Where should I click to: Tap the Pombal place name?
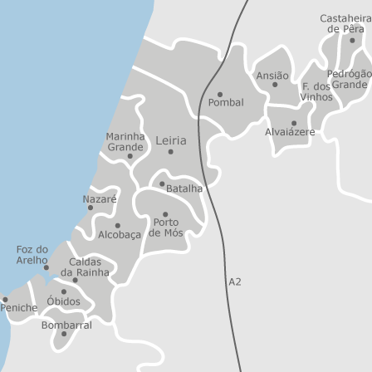point(225,103)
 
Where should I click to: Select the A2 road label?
point(234,282)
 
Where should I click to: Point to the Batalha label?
point(184,189)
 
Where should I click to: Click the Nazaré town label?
point(100,200)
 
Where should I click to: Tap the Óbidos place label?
point(63,301)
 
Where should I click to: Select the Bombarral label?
point(66,325)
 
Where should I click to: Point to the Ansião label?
point(272,76)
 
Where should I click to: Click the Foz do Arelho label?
point(32,254)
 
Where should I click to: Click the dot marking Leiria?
point(171,152)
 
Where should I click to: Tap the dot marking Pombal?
point(219,94)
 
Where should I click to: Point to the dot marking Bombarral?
point(64,335)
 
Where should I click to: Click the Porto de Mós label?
point(165,228)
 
